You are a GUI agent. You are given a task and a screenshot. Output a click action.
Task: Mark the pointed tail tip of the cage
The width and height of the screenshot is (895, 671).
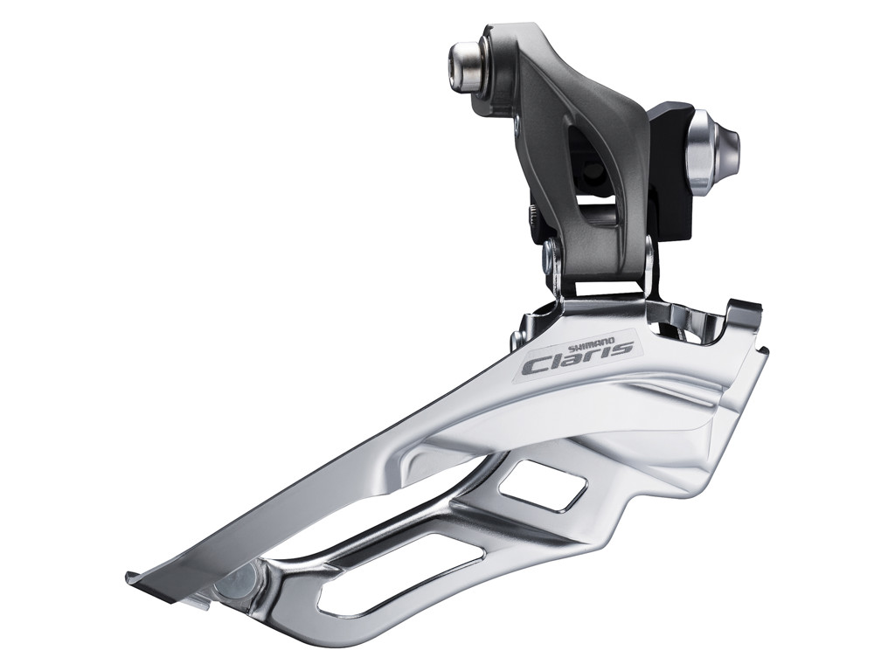pyautogui.click(x=131, y=577)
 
